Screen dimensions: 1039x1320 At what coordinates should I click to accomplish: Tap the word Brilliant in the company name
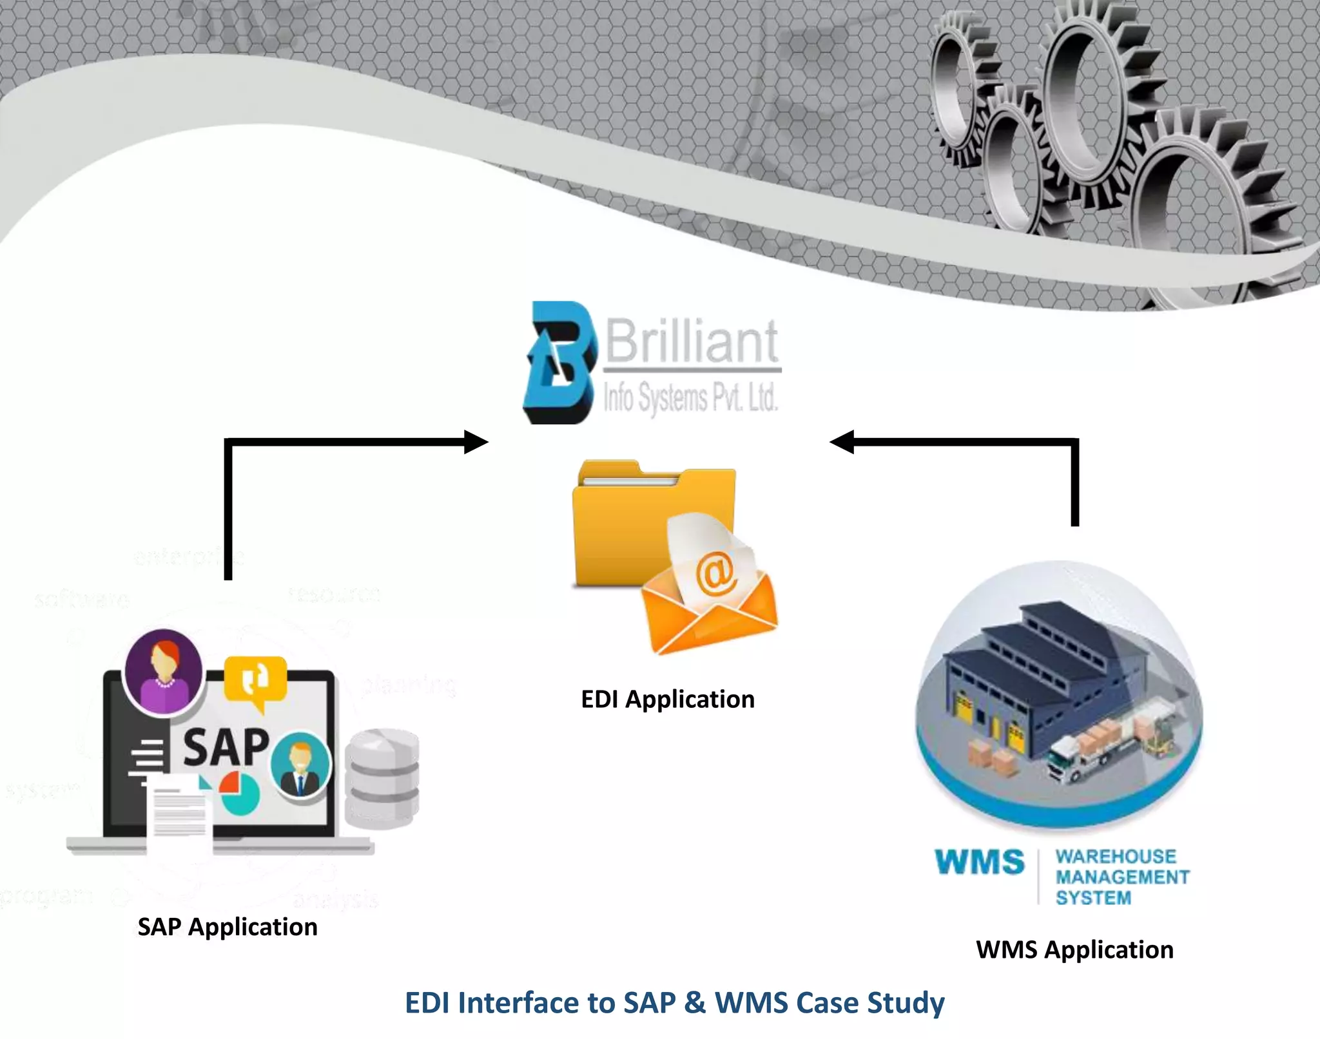click(692, 341)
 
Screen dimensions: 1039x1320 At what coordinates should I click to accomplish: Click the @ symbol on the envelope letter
click(716, 572)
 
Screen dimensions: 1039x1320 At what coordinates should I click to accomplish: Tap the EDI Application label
click(668, 700)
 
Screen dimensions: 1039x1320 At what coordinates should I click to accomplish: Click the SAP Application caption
click(228, 927)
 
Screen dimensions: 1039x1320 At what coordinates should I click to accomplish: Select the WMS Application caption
click(1074, 949)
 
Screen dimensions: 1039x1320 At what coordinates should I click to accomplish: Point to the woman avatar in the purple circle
click(164, 671)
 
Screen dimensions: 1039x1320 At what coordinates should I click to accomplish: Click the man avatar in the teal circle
click(300, 764)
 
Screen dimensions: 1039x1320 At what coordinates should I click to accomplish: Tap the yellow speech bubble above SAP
click(255, 680)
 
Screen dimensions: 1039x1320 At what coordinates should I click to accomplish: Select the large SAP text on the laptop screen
click(226, 747)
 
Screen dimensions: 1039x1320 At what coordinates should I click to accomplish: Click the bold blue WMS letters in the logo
click(980, 862)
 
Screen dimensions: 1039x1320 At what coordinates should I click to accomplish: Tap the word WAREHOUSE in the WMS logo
click(1116, 857)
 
